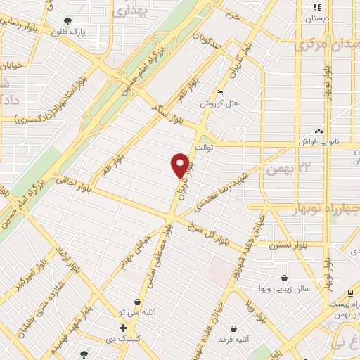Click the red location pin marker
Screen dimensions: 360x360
pos(180,165)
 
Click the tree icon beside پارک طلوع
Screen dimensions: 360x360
pos(67,21)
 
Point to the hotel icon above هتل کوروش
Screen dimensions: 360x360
pos(221,92)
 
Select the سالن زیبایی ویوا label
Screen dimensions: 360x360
pos(284,289)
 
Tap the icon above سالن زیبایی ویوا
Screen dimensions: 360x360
pos(284,278)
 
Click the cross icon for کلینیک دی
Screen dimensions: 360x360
pos(123,328)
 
